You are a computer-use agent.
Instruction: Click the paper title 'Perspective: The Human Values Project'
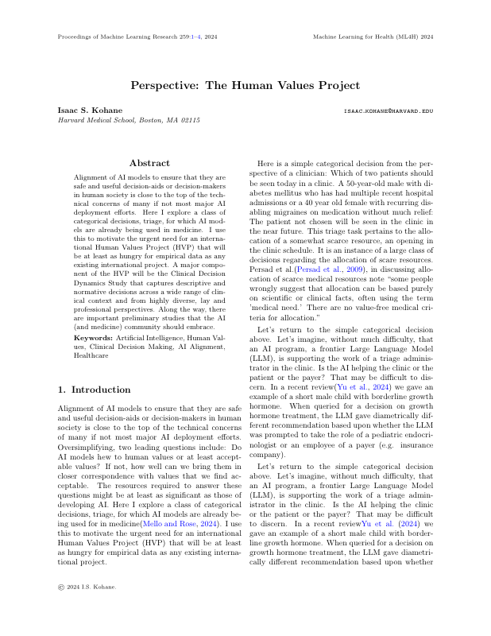(246, 85)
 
